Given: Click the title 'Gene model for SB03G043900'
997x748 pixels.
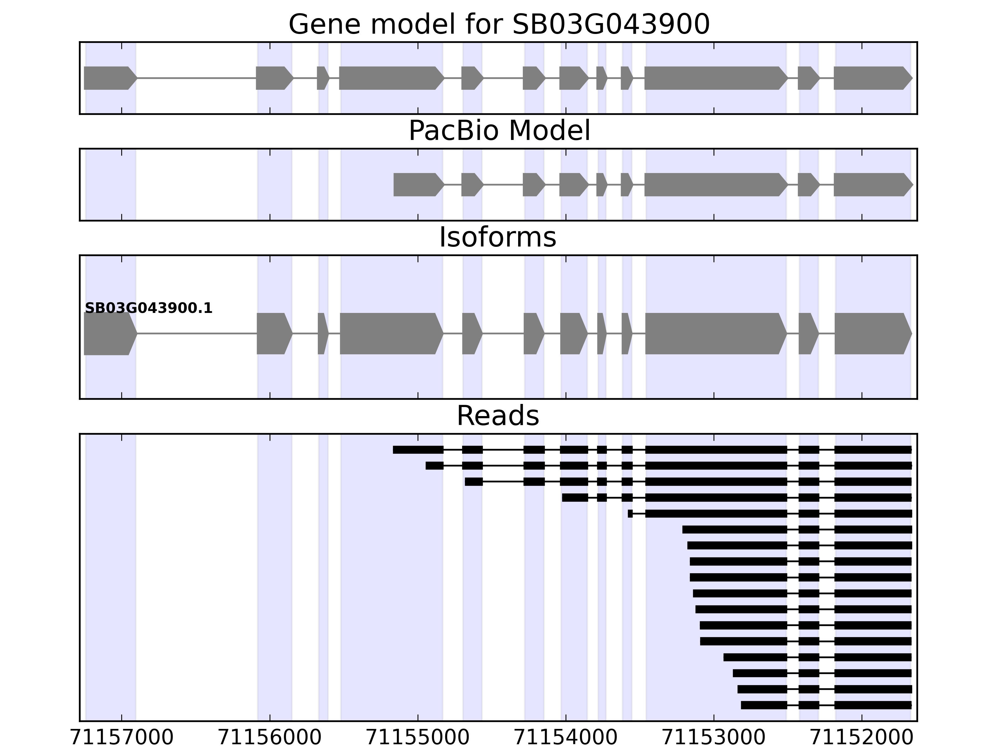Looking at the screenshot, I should pos(499,24).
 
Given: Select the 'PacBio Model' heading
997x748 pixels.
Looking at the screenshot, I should pos(499,131).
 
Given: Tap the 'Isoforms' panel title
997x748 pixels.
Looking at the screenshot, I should pos(498,237).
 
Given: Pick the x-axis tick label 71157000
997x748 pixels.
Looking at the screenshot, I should pos(122,738).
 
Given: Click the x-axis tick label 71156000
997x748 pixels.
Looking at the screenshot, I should pos(270,738).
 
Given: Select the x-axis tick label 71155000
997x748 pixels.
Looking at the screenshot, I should pos(418,738).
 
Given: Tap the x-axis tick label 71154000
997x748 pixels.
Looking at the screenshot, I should pos(566,738).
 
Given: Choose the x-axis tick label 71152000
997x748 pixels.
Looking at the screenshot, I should pos(862,738).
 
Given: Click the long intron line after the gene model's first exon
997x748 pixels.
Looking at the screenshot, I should pos(196,78).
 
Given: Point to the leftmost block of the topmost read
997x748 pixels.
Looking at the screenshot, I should pos(418,449).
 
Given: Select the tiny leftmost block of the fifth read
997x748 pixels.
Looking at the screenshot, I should pos(630,514).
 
